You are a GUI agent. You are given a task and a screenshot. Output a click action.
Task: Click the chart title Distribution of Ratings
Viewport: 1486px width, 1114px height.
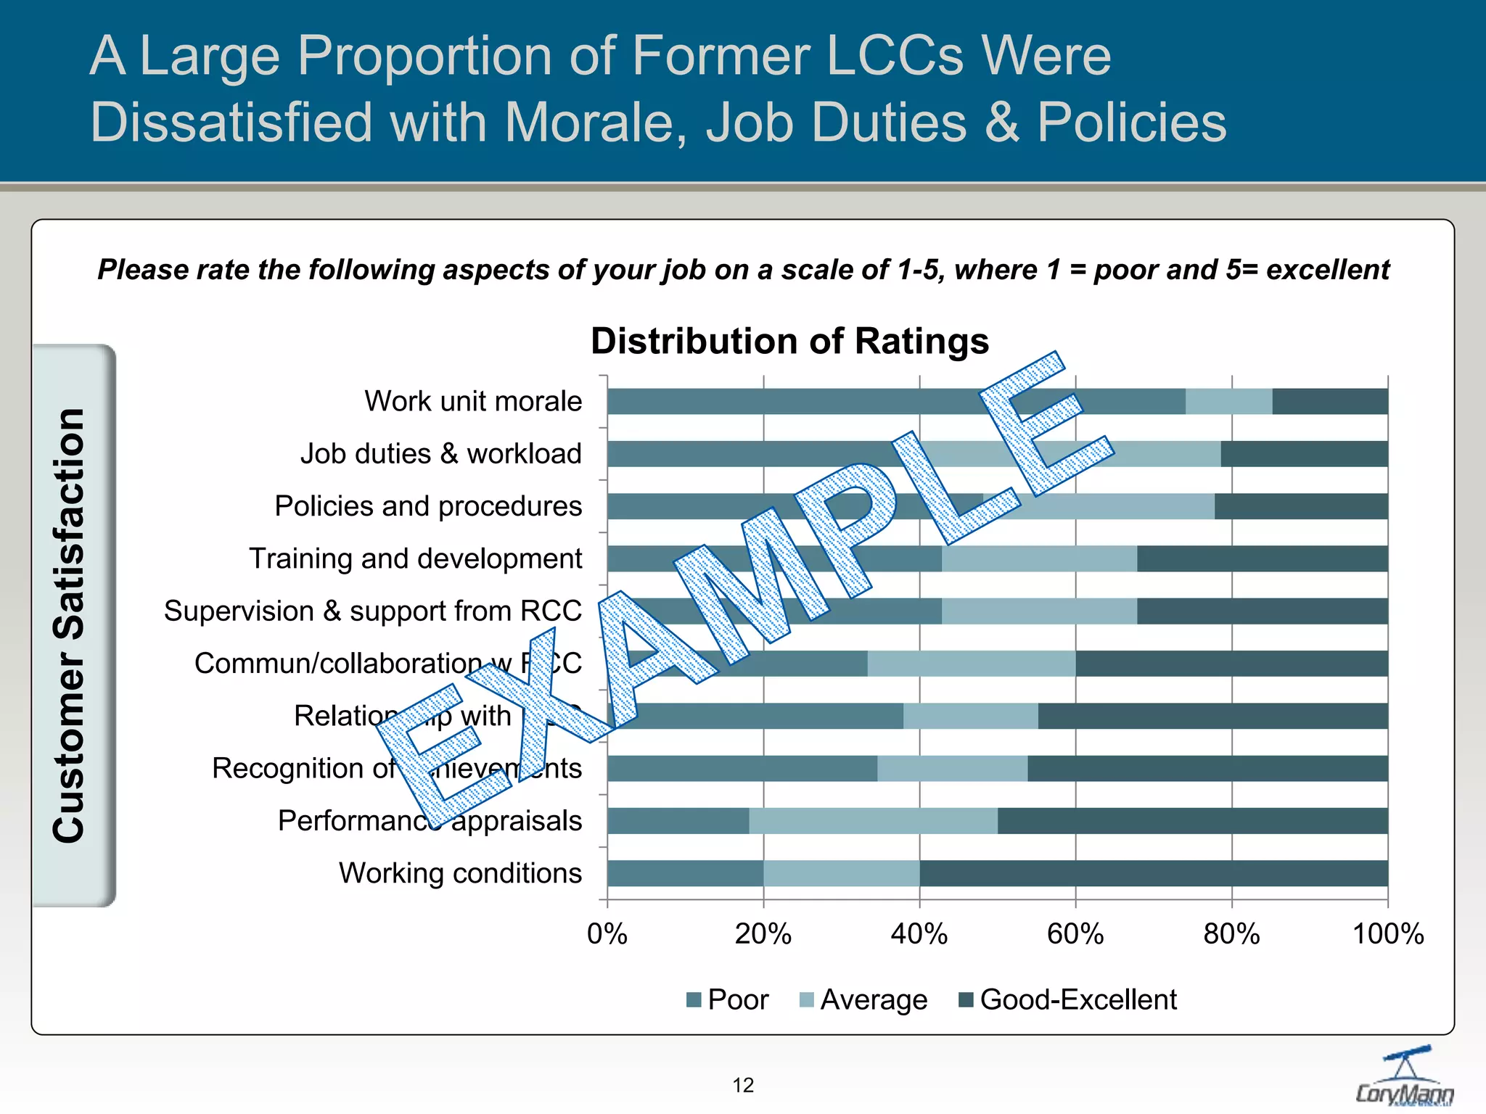click(789, 341)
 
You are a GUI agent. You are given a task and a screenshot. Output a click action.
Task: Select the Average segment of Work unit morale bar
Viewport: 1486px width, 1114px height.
click(1228, 402)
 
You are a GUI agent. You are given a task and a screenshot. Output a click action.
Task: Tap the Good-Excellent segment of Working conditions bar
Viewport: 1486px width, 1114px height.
click(1154, 873)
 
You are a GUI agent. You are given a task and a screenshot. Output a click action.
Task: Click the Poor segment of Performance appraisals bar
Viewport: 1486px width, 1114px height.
click(678, 821)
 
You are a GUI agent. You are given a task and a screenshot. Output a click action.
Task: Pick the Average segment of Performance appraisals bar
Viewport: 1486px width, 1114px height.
click(873, 821)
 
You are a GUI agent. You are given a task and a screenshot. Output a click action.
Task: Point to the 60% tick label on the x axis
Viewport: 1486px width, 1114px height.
click(1075, 934)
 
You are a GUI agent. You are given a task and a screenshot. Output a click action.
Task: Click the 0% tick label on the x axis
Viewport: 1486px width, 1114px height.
click(607, 934)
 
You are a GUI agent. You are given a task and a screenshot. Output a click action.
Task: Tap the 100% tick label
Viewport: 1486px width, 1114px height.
click(1387, 934)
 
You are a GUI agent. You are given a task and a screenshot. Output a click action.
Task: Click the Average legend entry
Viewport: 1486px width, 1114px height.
click(863, 999)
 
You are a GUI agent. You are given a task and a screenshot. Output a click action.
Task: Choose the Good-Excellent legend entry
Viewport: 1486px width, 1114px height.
click(1067, 999)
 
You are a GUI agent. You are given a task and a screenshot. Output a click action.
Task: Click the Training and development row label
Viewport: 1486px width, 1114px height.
click(415, 558)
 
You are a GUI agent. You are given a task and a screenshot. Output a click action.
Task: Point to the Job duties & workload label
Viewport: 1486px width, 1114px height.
click(441, 454)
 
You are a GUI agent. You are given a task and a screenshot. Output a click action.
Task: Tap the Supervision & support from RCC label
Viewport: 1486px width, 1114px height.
click(372, 611)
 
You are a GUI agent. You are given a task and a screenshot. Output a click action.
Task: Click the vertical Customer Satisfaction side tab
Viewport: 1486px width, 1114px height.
click(73, 625)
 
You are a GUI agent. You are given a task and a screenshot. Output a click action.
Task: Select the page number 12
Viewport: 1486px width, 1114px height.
click(743, 1085)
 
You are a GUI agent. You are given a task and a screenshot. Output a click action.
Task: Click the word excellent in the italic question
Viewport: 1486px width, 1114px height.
click(1327, 270)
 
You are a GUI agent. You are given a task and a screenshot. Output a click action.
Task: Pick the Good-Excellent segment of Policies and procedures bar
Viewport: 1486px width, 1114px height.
click(1301, 506)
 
